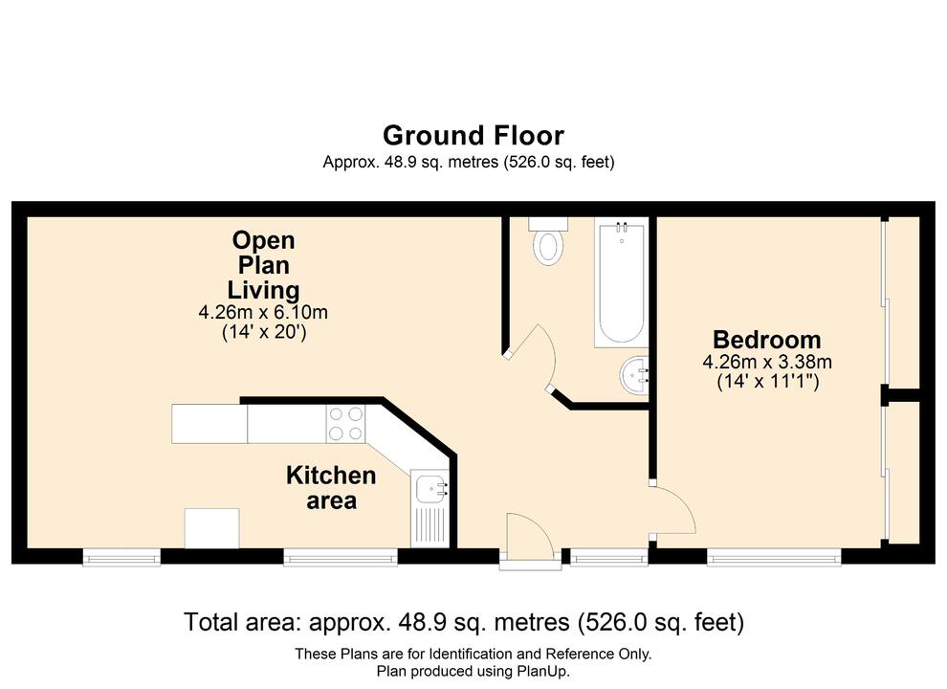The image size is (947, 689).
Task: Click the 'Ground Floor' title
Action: pyautogui.click(x=473, y=135)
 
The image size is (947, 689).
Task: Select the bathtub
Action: pyautogui.click(x=620, y=282)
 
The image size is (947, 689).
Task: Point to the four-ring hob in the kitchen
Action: pyautogui.click(x=346, y=423)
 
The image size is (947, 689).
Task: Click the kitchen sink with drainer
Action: pyautogui.click(x=430, y=507)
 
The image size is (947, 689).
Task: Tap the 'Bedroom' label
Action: pyautogui.click(x=767, y=340)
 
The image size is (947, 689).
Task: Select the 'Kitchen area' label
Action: pyautogui.click(x=331, y=487)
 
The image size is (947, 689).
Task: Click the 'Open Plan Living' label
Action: pyautogui.click(x=263, y=265)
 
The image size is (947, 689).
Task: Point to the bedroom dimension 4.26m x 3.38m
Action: pyautogui.click(x=767, y=362)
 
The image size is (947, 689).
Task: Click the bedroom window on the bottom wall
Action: pyautogui.click(x=774, y=555)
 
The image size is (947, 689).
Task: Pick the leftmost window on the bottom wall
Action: pyautogui.click(x=121, y=555)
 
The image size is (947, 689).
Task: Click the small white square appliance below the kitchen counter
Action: pyautogui.click(x=211, y=528)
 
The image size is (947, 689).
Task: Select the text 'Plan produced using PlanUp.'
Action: pyautogui.click(x=473, y=672)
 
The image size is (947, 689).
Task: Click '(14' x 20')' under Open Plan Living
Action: pyautogui.click(x=263, y=332)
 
